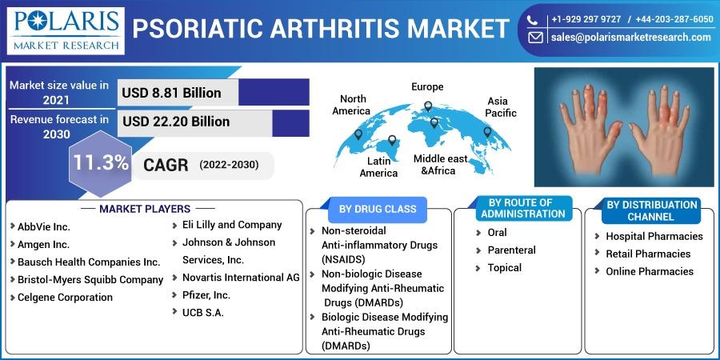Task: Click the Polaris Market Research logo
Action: point(66,30)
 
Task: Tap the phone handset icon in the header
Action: point(532,20)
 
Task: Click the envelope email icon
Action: point(535,38)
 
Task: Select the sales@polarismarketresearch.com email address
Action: point(631,38)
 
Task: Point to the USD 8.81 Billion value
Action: point(171,93)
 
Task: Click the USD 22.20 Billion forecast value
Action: point(176,122)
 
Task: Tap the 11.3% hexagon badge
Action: point(101,163)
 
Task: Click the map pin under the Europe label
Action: point(428,106)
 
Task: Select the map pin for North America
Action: point(358,134)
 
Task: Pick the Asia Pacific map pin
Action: point(488,132)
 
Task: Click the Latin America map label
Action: point(379,167)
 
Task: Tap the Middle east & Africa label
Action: point(440,165)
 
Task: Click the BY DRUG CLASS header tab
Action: point(378,210)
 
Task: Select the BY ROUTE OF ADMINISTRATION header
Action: point(523,209)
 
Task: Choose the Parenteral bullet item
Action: point(511,250)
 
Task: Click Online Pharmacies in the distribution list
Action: point(650,271)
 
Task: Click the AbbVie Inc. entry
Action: point(44,227)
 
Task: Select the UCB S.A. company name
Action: point(203,314)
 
